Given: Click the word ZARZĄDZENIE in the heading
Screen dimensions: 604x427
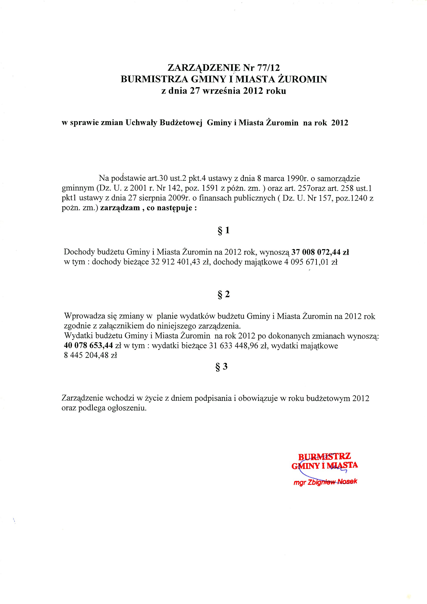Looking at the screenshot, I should tap(204, 68).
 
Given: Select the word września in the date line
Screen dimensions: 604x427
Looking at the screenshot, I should tap(221, 91).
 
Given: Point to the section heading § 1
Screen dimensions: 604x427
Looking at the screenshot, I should tap(224, 230).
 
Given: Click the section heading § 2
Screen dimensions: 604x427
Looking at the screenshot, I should tap(224, 294).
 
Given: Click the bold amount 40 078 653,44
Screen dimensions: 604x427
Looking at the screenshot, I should tap(88, 345).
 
